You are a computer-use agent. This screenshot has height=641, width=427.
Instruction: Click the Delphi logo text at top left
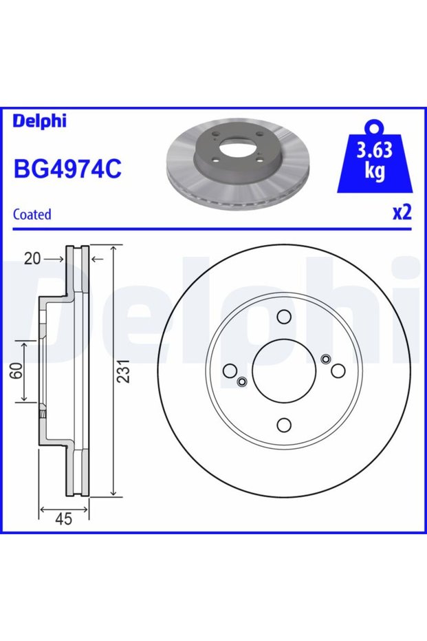(x=39, y=121)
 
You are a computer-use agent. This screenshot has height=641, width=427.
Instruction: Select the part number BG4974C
(x=68, y=169)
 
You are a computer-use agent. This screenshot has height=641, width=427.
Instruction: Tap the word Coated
(x=32, y=214)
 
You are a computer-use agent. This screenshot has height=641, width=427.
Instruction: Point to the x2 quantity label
(x=402, y=213)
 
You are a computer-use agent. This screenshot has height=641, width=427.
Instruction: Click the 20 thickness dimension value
(x=32, y=259)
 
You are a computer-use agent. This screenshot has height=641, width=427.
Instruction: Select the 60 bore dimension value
(x=17, y=371)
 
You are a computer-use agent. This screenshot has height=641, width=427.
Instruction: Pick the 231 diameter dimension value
(x=123, y=371)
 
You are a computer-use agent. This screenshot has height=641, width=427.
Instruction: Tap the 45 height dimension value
(x=63, y=518)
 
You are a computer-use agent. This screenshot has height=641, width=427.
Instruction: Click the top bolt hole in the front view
(x=284, y=317)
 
